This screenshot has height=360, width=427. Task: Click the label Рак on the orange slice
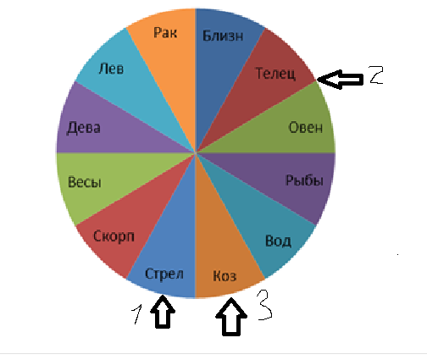pyautogui.click(x=165, y=33)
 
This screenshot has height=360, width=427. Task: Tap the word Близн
pyautogui.click(x=223, y=36)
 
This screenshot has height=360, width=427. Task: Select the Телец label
pyautogui.click(x=275, y=74)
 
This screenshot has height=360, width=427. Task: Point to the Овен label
pyautogui.click(x=305, y=128)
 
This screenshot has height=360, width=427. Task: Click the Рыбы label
pyautogui.click(x=304, y=180)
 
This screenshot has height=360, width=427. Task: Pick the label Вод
pyautogui.click(x=278, y=241)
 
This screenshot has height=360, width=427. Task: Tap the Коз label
pyautogui.click(x=225, y=276)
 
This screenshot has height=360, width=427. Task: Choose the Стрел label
pyautogui.click(x=164, y=274)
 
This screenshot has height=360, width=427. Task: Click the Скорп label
pyautogui.click(x=114, y=236)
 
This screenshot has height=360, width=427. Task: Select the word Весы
pyautogui.click(x=85, y=182)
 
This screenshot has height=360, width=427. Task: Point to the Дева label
pyautogui.click(x=83, y=128)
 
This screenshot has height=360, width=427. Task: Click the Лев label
pyautogui.click(x=111, y=69)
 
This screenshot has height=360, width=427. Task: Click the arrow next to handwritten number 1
pyautogui.click(x=163, y=312)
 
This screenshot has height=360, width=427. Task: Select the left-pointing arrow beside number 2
pyautogui.click(x=340, y=80)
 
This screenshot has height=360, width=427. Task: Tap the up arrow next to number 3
pyautogui.click(x=231, y=317)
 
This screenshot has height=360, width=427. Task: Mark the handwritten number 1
pyautogui.click(x=136, y=314)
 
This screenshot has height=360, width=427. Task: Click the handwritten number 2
pyautogui.click(x=376, y=75)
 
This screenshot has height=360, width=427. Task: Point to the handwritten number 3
pyautogui.click(x=264, y=306)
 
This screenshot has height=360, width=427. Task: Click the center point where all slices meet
pyautogui.click(x=196, y=152)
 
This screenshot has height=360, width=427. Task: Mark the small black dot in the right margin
pyautogui.click(x=398, y=254)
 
